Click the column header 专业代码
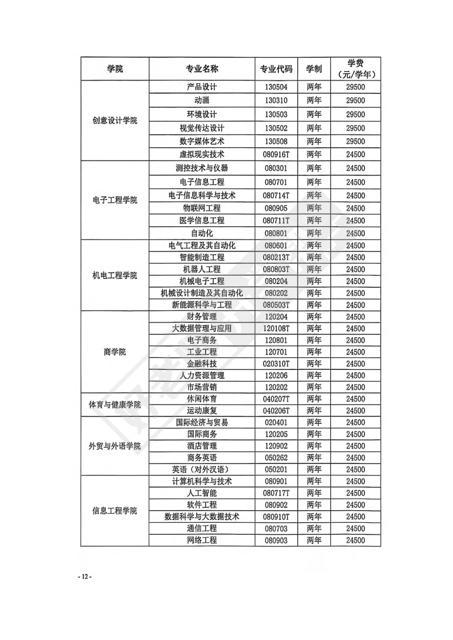[276, 69]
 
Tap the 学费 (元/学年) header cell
[356, 69]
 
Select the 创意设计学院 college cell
[115, 121]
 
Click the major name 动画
[202, 101]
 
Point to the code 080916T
[276, 155]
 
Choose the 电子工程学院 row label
[115, 200]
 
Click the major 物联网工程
[202, 208]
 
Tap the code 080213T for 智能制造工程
[276, 258]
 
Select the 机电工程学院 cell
[115, 276]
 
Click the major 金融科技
[202, 364]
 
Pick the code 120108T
[276, 329]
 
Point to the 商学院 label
[115, 352]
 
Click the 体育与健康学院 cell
[115, 405]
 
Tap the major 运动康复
[202, 411]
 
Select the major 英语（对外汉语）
[202, 470]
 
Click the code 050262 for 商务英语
[276, 458]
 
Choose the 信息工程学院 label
[115, 511]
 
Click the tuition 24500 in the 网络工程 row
[356, 540]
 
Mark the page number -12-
[85, 577]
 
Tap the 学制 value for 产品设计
[314, 87]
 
